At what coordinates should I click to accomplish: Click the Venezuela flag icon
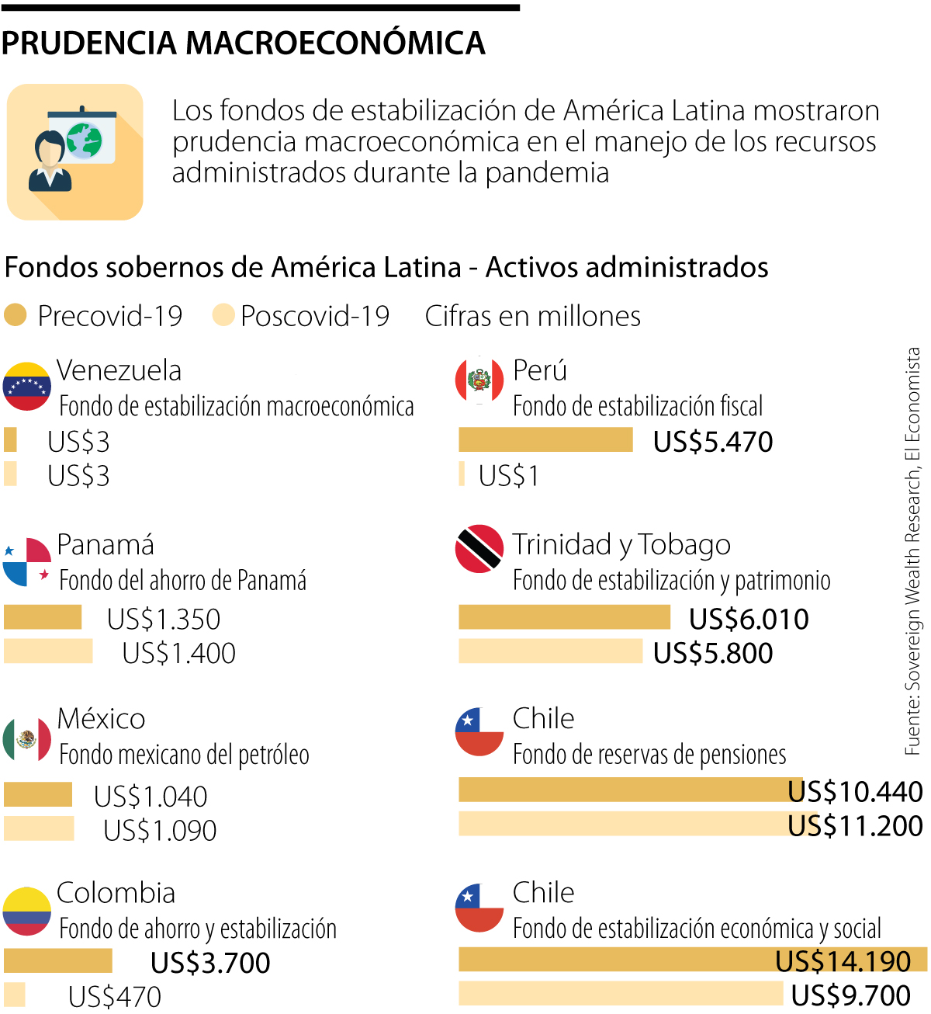27,386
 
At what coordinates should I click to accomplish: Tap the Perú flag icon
479,380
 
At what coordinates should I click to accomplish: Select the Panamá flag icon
27,561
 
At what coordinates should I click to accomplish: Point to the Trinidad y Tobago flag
479,548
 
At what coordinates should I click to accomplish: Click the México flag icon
27,738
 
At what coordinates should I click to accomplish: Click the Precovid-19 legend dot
16,315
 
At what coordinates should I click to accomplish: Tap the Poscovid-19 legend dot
223,315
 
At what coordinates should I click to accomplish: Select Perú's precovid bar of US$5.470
545,439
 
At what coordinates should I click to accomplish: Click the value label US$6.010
749,619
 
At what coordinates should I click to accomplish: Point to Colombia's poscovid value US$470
115,997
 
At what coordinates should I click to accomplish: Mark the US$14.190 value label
843,961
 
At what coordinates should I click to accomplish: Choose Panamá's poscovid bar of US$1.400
48,651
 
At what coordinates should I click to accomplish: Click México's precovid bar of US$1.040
38,794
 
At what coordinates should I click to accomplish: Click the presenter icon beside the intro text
74,152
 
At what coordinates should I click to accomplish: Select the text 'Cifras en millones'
533,316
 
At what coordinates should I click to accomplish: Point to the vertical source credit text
912,551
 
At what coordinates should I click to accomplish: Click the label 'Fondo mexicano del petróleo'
184,755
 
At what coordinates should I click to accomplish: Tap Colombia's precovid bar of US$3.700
58,960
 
